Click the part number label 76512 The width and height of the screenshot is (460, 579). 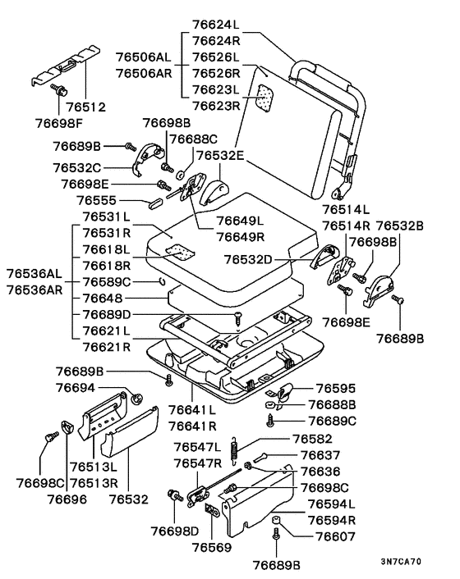(85, 107)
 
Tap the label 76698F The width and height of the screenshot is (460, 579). (59, 123)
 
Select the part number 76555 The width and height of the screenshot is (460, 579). (96, 200)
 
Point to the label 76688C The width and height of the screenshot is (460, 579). (193, 139)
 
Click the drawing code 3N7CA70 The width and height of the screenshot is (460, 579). (401, 562)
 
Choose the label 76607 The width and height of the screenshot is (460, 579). (335, 536)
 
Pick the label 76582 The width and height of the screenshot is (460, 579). (312, 439)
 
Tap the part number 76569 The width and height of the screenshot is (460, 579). (212, 547)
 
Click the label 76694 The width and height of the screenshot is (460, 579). (76, 388)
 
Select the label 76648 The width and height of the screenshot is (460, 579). (103, 299)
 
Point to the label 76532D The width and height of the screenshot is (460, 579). (248, 260)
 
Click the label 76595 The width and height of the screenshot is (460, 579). (336, 389)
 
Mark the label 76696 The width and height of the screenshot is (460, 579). (67, 499)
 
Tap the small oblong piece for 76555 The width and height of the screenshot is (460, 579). (156, 204)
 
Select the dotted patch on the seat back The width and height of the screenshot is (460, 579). (266, 98)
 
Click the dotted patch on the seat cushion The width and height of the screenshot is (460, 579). (179, 252)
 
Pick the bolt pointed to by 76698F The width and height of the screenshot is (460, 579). (59, 89)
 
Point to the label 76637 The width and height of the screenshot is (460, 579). (320, 455)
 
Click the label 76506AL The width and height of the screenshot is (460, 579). (144, 57)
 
